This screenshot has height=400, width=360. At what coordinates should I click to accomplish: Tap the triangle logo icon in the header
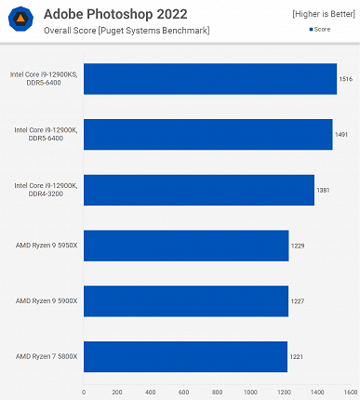tap(20, 20)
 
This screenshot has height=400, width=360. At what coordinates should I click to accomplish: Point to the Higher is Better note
tap(322, 14)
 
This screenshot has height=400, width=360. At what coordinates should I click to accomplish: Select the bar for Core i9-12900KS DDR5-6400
tap(209, 79)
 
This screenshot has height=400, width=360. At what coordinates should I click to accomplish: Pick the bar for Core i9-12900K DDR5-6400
tap(207, 134)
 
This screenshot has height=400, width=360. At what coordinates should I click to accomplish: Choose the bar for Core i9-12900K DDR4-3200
tap(198, 190)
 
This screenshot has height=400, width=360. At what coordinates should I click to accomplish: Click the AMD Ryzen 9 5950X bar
tap(186, 246)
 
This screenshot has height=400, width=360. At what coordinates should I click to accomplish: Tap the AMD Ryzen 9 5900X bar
tap(186, 300)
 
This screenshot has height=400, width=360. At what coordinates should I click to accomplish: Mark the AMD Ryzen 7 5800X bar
tap(185, 356)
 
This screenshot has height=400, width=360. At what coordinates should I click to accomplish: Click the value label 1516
tap(346, 79)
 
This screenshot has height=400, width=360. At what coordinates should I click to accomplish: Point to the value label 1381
tap(324, 190)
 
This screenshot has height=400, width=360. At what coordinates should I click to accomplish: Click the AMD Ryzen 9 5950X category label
tap(46, 246)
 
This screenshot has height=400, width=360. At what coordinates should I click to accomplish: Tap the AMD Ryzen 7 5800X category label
tap(46, 356)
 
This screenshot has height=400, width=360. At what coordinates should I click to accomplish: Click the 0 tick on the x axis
tap(84, 392)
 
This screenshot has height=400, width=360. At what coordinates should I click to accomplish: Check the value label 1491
tap(342, 134)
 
